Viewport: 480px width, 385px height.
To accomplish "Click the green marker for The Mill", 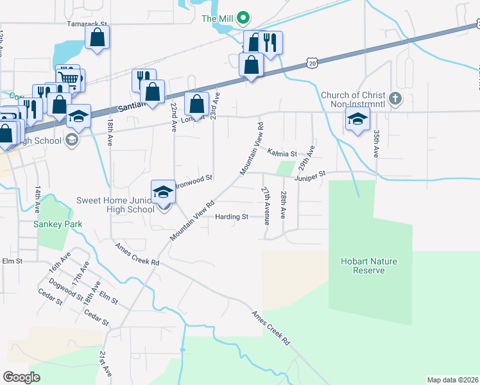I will click(x=243, y=18).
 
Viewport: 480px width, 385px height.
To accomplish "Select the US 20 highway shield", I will click(x=312, y=64).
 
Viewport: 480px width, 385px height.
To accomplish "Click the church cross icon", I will click(x=396, y=99).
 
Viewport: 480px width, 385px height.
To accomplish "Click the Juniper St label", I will click(x=311, y=173).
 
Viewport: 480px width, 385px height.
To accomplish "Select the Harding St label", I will click(x=232, y=217).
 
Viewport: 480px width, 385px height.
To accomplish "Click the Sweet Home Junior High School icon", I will click(x=163, y=191).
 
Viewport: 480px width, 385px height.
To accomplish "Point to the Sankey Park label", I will click(x=55, y=225).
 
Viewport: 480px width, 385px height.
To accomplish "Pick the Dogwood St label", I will click(x=64, y=287).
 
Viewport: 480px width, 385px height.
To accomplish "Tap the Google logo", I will click(x=22, y=377).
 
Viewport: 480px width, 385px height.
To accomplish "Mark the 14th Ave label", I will click(x=39, y=200).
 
